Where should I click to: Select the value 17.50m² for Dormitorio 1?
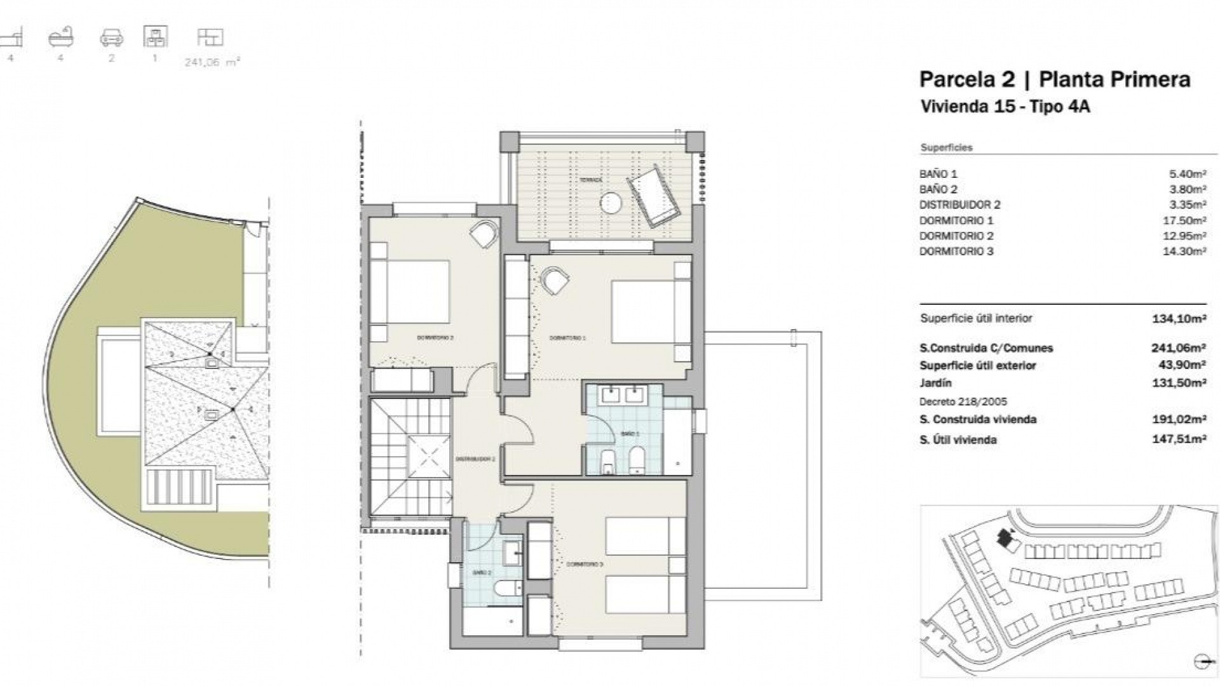(1185, 220)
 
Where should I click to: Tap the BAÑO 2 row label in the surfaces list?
(938, 189)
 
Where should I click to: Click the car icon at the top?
(111, 39)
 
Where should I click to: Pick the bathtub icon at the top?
(61, 37)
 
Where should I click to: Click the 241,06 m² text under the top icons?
(212, 62)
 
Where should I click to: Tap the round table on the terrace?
(611, 203)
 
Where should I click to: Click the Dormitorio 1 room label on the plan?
(567, 338)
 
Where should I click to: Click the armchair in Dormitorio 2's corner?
(484, 234)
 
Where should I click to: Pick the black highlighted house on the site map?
(1005, 539)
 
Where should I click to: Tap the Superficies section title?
(946, 147)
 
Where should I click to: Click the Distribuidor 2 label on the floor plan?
(475, 459)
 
